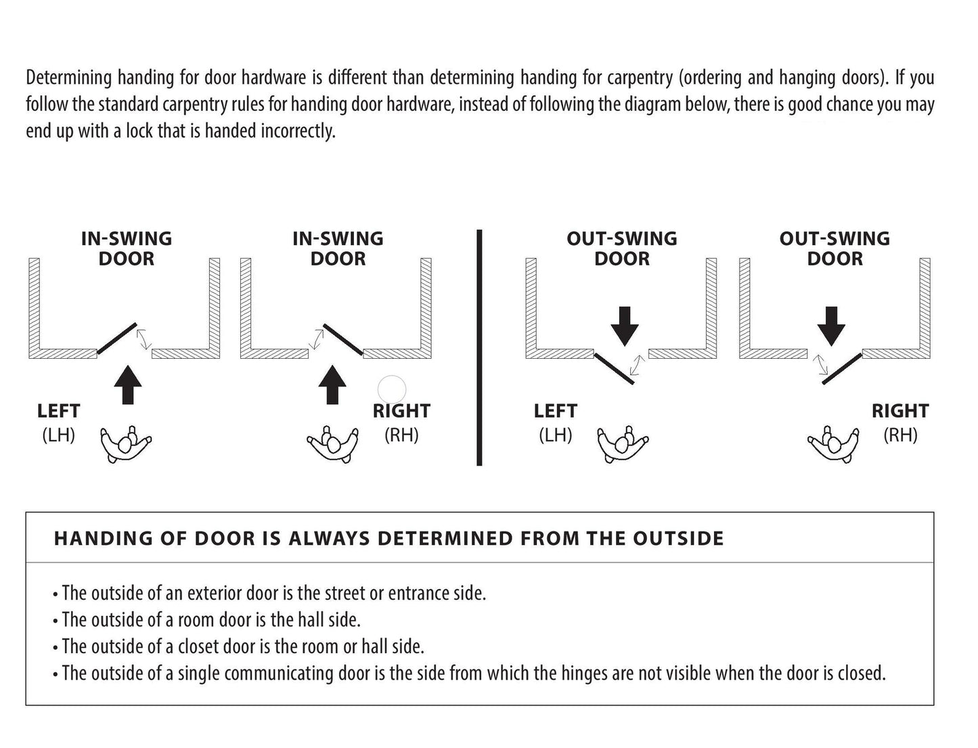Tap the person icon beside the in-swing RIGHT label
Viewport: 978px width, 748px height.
coord(332,444)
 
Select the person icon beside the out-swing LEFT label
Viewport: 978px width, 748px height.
coord(623,444)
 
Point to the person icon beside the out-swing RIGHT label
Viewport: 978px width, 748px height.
coord(832,444)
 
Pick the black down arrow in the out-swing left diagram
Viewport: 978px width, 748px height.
coord(624,325)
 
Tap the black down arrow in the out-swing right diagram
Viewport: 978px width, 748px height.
coord(831,325)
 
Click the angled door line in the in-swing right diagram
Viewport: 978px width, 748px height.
coord(342,338)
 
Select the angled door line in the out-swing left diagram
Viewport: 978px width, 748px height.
coord(614,368)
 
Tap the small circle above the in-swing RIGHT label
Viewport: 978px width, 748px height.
coord(391,389)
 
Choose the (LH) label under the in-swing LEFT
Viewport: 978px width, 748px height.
coord(58,435)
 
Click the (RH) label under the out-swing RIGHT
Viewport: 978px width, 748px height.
coord(900,435)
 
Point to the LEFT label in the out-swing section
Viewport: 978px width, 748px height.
coord(555,411)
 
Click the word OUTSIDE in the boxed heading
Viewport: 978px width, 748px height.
coord(678,539)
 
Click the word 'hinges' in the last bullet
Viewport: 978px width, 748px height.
coord(581,674)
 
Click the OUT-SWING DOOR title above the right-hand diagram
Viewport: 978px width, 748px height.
coord(835,248)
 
